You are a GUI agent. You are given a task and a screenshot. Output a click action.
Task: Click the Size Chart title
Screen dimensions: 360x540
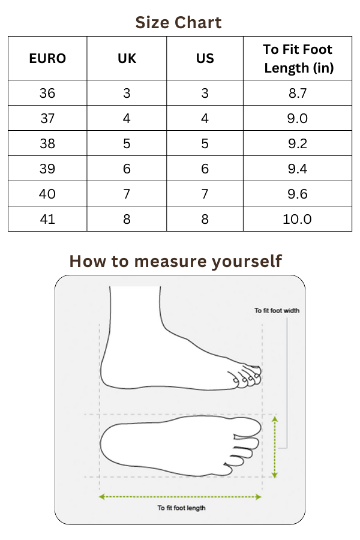[x=178, y=23]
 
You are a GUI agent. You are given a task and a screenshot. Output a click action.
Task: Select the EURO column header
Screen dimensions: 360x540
[x=47, y=59]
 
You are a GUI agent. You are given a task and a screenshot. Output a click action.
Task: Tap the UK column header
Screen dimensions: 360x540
[x=127, y=59]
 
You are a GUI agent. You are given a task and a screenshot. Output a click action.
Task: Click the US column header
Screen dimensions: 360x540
[x=205, y=59]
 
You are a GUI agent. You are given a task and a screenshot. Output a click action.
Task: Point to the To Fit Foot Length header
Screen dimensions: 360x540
[x=298, y=59]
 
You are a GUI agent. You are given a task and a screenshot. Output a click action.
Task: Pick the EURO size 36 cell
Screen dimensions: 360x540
[x=47, y=93]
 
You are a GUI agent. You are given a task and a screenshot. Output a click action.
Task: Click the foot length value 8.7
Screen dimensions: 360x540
[x=298, y=93]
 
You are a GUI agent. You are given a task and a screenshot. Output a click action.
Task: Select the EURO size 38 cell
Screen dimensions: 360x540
[x=47, y=143]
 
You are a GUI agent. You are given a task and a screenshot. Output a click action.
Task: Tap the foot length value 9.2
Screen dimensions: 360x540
[x=298, y=143]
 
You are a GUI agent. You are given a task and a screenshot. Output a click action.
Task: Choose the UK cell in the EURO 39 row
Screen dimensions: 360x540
[x=127, y=169]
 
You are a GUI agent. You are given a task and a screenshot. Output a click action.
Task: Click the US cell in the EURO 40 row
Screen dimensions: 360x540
[x=205, y=194]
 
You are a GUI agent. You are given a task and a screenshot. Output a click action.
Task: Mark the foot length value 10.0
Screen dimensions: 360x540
[x=298, y=219]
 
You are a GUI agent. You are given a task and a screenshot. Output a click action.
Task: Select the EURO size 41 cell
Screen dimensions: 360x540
[x=47, y=219]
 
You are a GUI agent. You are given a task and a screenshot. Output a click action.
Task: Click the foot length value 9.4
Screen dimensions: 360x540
[x=298, y=169]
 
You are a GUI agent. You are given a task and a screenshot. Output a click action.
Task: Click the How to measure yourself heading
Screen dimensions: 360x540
[x=176, y=261]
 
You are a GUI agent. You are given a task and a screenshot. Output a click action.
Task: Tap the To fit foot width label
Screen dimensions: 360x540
[x=277, y=311]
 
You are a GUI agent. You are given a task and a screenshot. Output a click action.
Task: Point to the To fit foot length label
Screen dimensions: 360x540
[x=182, y=508]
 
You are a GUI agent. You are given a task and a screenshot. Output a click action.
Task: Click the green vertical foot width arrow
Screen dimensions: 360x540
[x=275, y=447]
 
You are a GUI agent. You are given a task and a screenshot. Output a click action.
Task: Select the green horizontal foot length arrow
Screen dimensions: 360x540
[x=180, y=497]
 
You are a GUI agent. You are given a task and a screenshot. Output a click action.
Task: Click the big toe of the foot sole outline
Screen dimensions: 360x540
[x=247, y=427]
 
